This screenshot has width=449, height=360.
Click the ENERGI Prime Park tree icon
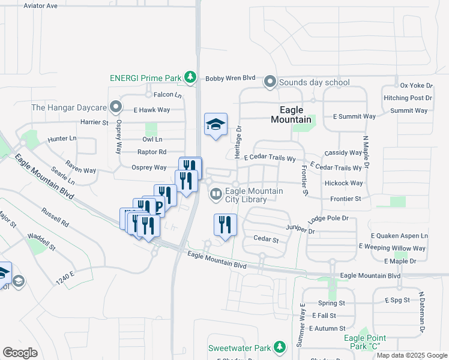190,77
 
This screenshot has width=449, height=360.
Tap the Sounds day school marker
270,82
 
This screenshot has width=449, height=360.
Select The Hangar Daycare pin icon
116,108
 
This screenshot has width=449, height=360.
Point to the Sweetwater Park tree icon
279,347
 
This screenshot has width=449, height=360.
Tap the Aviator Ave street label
40,5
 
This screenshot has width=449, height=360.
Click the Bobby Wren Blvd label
231,79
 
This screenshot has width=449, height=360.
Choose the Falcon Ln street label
167,95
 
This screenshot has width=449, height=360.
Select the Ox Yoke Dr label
416,85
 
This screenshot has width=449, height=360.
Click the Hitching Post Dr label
408,98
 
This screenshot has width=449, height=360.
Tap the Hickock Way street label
343,183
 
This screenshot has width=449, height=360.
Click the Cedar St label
267,239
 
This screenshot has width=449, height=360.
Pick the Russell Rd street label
55,217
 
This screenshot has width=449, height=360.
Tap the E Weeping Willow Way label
392,248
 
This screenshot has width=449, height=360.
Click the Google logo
20,353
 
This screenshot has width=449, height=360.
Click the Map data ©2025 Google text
411,355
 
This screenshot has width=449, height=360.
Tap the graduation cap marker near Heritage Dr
216,125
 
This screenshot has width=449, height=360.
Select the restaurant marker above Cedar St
225,226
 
